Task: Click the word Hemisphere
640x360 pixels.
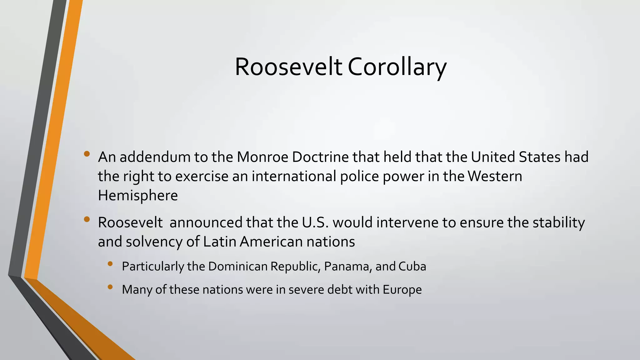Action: (138, 196)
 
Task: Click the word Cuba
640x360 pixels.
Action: (412, 266)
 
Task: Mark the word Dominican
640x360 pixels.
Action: (237, 266)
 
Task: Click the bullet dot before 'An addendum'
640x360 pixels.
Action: (87, 154)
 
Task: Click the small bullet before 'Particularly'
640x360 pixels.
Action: (110, 264)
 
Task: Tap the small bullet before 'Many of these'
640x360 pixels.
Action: (110, 287)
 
